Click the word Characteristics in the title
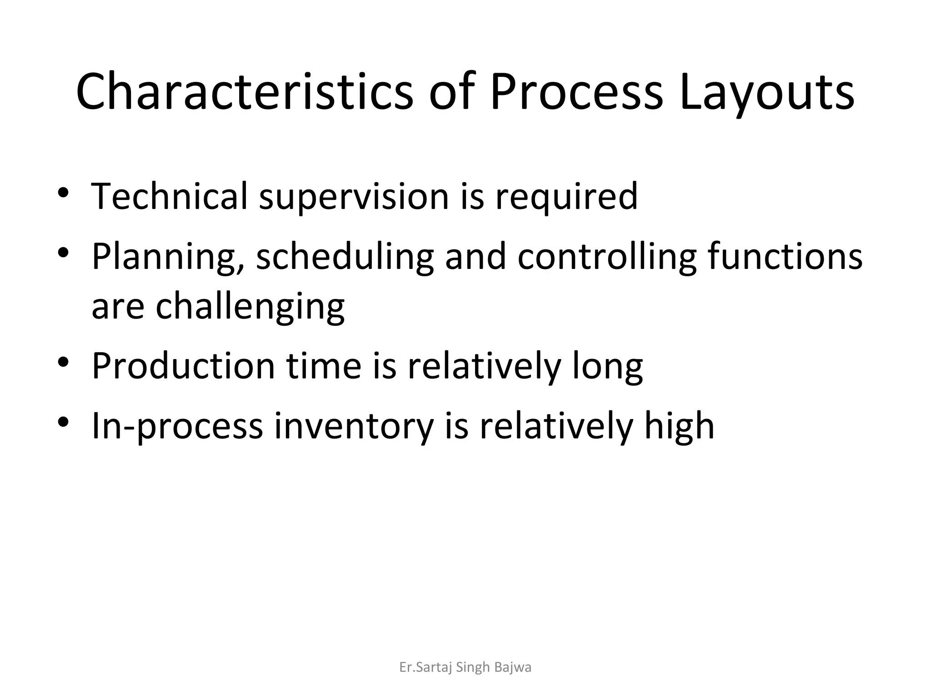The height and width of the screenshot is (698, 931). tap(244, 92)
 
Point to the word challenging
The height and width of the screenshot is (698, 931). tap(250, 307)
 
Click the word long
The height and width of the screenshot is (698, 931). tap(607, 367)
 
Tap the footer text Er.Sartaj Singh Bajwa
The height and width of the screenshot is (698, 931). tap(465, 668)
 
